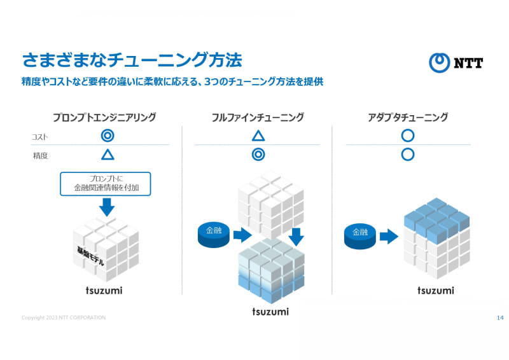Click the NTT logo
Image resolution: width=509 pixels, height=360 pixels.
(456, 62)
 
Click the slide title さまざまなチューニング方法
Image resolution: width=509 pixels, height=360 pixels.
(132, 60)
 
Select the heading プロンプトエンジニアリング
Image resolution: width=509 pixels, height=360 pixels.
(105, 117)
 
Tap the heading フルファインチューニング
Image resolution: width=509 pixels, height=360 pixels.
(258, 117)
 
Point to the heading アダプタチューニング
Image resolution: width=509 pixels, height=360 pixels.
(408, 117)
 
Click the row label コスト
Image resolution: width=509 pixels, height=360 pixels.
(40, 137)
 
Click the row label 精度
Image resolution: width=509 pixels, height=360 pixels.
(40, 155)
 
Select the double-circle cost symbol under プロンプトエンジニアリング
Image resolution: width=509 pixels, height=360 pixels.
(108, 135)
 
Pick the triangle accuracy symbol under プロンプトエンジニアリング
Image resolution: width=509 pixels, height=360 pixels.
(108, 154)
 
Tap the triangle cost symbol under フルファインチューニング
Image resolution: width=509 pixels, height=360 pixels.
(258, 135)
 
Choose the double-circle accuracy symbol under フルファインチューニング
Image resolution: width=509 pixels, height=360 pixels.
(258, 154)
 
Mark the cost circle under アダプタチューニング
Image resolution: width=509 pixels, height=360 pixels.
(408, 135)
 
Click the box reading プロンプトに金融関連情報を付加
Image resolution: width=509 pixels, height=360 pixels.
(106, 183)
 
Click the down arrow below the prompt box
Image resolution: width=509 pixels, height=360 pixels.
(107, 207)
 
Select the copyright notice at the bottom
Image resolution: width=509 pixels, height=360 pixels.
(64, 317)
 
